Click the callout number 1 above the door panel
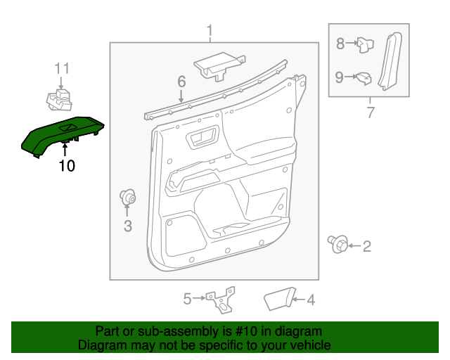click(209, 30)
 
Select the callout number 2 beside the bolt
click(366, 246)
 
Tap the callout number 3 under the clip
click(127, 226)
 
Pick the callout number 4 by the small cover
click(310, 300)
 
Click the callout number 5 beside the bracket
click(187, 300)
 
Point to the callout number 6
click(181, 82)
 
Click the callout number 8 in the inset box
click(340, 44)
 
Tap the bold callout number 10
click(66, 166)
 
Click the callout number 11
click(63, 68)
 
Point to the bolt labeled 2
click(337, 245)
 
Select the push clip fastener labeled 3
click(129, 198)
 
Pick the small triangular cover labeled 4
click(278, 300)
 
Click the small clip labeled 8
click(364, 45)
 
